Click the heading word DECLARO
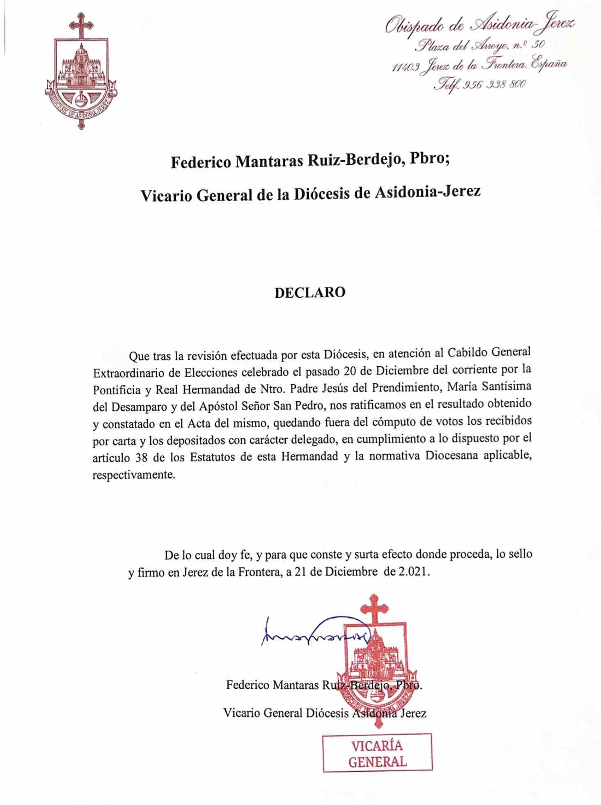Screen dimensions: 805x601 pyautogui.click(x=310, y=292)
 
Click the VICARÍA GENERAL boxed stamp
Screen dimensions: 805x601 pyautogui.click(x=377, y=753)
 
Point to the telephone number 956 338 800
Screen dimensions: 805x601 pyautogui.click(x=494, y=85)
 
